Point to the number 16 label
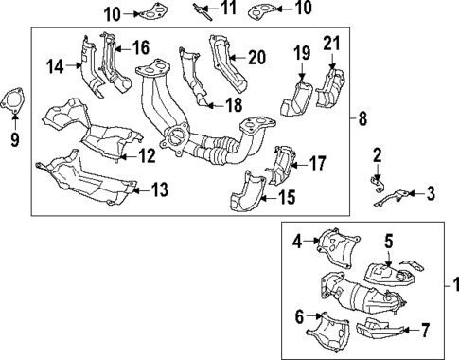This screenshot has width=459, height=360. pos(140,47)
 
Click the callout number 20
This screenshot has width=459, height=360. pos(256,57)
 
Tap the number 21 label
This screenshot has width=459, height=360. pos(330,43)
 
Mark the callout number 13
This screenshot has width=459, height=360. pos(159,191)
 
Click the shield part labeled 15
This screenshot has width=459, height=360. pos(246,194)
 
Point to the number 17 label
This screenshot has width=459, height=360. pos(317,162)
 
